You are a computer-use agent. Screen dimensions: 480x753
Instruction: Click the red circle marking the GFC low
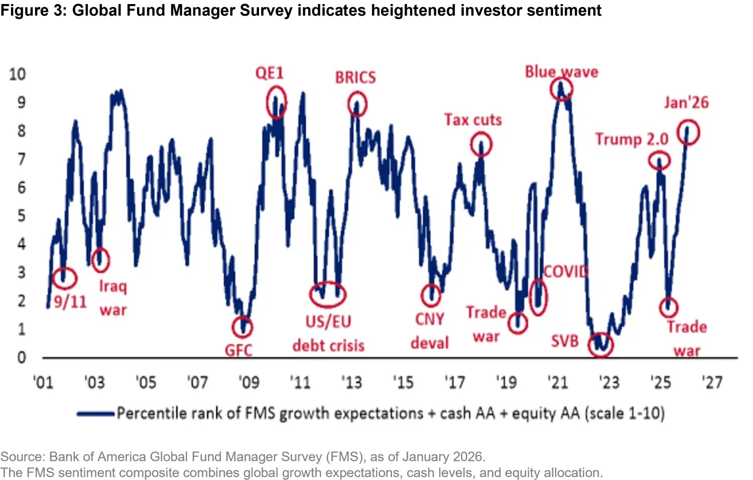point(242,327)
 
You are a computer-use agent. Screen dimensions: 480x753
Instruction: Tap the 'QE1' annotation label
point(270,73)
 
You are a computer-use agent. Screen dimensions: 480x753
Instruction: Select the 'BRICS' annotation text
point(355,78)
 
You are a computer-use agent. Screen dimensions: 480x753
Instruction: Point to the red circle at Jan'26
point(688,133)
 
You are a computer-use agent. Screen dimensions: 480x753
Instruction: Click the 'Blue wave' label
point(561,72)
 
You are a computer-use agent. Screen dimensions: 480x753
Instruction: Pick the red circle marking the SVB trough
point(600,344)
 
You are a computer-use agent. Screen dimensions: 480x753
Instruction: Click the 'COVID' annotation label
point(566,272)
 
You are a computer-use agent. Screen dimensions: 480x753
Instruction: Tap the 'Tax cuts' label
point(473,120)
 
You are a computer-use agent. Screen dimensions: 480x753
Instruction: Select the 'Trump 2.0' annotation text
point(632,139)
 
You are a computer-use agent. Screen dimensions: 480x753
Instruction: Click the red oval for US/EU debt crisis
point(328,295)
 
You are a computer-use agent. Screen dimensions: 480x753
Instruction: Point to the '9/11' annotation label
point(70,302)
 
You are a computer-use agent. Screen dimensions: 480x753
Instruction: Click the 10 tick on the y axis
point(17,74)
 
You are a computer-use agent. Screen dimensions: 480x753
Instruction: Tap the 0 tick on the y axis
point(22,357)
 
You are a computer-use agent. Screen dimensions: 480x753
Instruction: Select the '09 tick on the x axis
point(248,383)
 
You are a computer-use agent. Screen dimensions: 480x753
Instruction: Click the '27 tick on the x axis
point(712,383)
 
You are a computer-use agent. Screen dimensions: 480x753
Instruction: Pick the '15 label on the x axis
point(403,383)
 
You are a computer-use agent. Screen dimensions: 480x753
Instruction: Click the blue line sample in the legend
point(95,414)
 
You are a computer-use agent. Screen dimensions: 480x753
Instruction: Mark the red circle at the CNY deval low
point(431,295)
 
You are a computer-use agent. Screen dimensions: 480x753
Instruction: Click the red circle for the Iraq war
point(101,260)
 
